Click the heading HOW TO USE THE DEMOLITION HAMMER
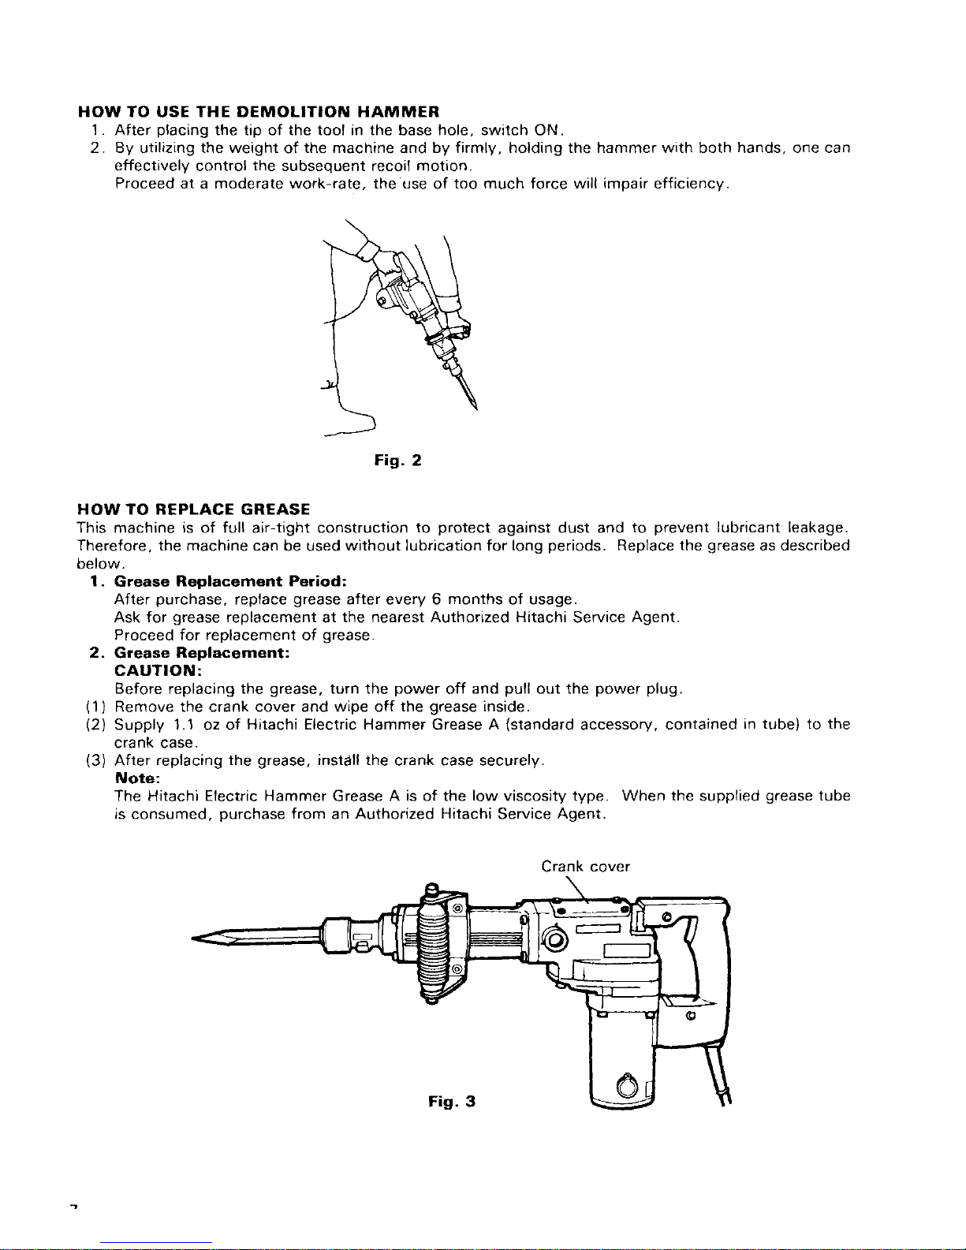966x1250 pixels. tap(258, 111)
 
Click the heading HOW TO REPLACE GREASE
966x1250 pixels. tap(194, 509)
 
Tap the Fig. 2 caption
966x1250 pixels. tap(398, 461)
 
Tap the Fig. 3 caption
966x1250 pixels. tap(452, 1102)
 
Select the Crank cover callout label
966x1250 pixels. tap(585, 866)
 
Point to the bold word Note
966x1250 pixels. tap(137, 778)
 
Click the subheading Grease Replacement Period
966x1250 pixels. tap(230, 581)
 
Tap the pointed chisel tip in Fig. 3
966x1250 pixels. tap(193, 938)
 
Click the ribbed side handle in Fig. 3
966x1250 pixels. tap(432, 944)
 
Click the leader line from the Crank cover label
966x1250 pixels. tap(576, 889)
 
